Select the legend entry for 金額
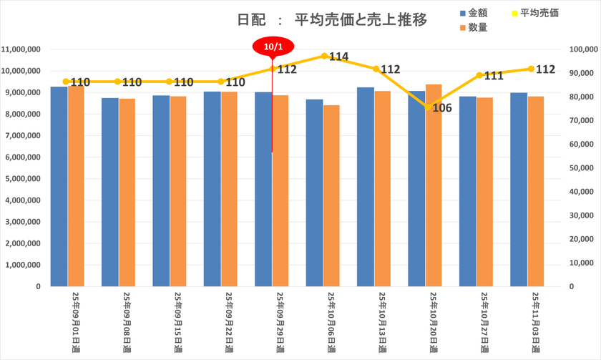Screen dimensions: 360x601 tap(476, 14)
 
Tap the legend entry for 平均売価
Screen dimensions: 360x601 tap(539, 14)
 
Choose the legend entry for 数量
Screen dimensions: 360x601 tap(477, 27)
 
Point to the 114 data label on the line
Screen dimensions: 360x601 tap(338, 57)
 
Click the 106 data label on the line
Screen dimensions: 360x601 tap(442, 109)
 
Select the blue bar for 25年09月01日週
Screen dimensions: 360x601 tap(59, 186)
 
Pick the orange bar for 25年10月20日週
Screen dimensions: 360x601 tap(434, 185)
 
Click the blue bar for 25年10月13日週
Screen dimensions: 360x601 tap(366, 187)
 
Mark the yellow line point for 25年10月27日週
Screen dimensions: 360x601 tap(479, 75)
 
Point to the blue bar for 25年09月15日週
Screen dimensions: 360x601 tap(161, 190)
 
